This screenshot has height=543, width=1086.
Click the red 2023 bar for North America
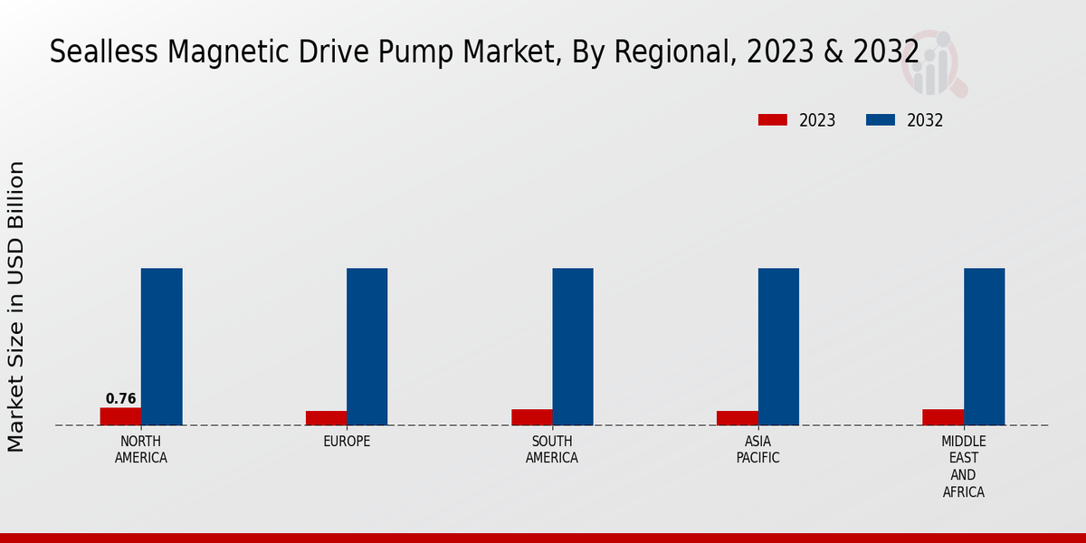coord(120,416)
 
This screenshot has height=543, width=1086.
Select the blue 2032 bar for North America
coord(162,347)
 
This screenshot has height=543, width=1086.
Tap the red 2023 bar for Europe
coord(326,418)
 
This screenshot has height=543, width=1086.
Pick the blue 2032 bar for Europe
coord(367,347)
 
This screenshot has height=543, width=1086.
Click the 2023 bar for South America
coord(531,417)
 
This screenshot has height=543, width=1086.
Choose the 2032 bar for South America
coord(573,347)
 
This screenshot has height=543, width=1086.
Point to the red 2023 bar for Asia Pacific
coord(737,418)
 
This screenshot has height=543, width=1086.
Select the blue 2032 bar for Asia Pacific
coord(778,347)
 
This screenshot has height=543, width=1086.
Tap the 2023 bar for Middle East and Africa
coord(943,417)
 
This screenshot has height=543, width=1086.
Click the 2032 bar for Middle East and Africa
coord(985,347)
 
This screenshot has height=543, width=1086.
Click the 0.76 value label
coord(120,399)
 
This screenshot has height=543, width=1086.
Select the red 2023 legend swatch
coord(773,120)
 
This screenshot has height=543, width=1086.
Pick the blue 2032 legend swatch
coord(881,120)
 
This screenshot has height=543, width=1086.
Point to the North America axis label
coord(141,450)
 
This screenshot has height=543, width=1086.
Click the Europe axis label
coord(347,442)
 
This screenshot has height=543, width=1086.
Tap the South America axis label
coord(552,450)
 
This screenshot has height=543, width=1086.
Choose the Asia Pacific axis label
coord(758,450)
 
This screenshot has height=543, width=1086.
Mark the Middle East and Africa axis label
coord(964,467)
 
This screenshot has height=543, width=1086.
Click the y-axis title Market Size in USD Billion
coord(16,306)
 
